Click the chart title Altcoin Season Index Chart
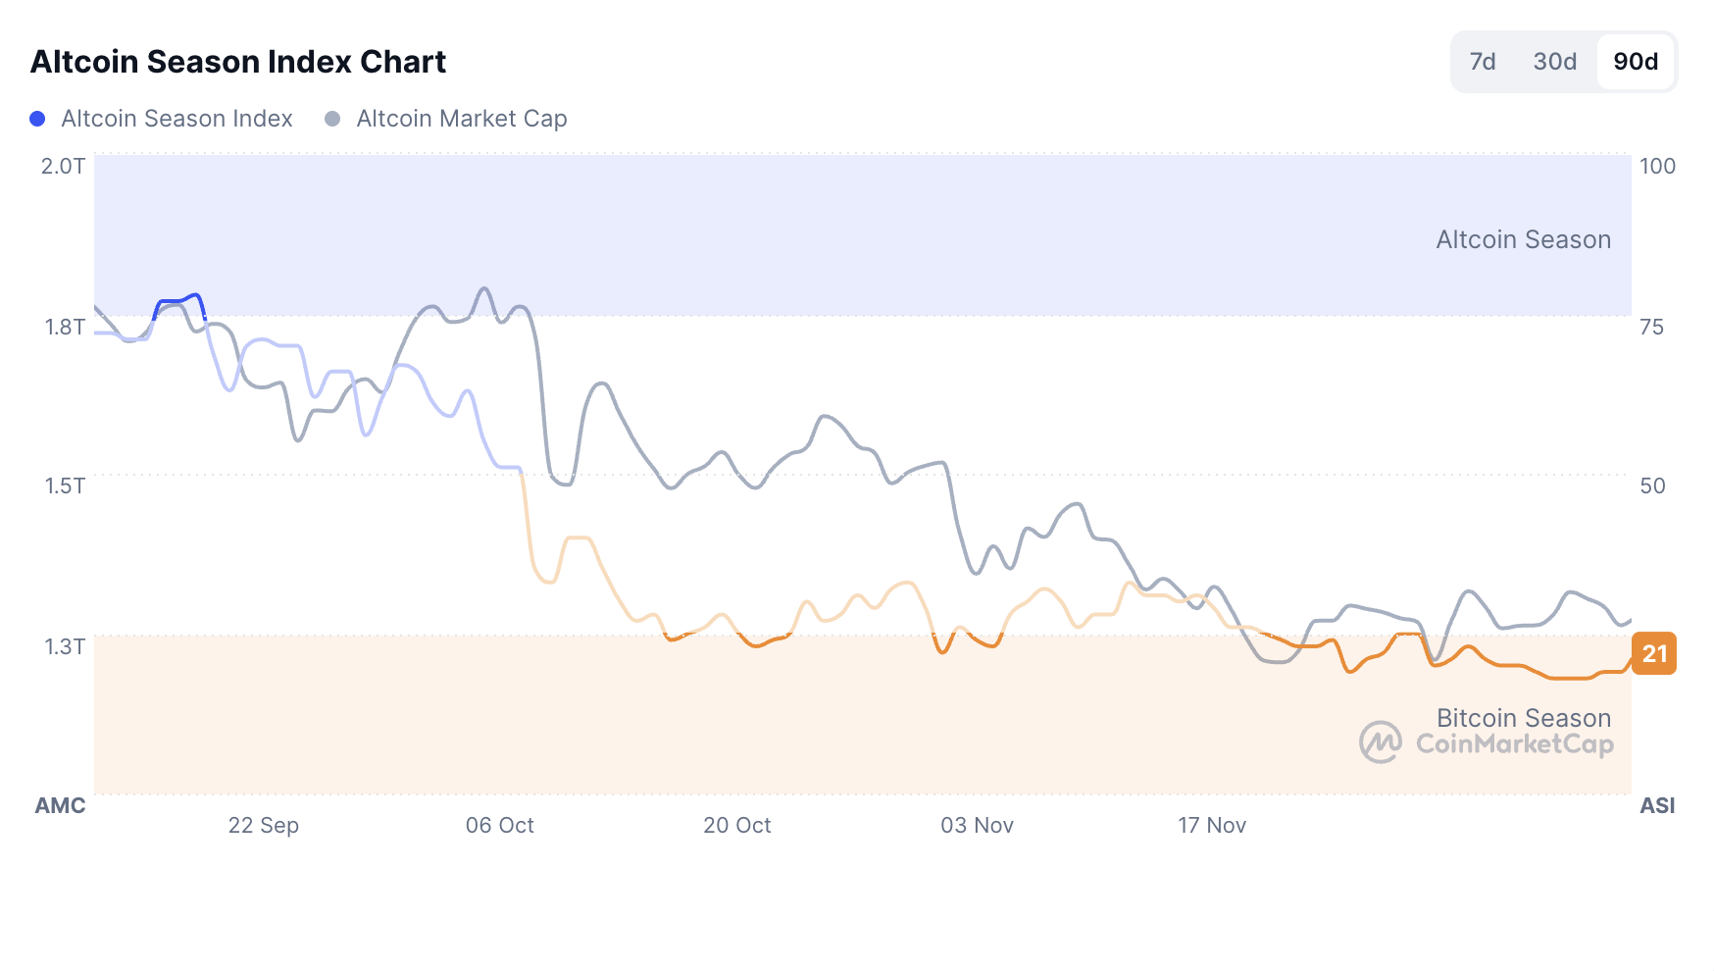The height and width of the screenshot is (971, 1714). point(238,62)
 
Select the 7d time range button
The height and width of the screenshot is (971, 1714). point(1482,62)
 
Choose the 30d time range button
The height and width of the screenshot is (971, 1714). point(1554,62)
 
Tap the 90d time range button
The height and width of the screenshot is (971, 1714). point(1636,62)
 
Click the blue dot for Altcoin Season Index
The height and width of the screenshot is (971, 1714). point(37,119)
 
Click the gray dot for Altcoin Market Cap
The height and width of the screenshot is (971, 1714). point(332,119)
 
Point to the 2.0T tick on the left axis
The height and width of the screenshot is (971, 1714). point(63,166)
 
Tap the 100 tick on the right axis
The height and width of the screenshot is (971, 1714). point(1657,166)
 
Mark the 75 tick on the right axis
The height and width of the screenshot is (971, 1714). point(1651,327)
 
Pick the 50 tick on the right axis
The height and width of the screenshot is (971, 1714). point(1652,485)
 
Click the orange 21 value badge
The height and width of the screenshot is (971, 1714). point(1654,654)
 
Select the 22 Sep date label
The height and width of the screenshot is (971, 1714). point(263,825)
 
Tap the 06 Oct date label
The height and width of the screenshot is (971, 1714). point(499,825)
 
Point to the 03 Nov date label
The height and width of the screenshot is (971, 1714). point(977,825)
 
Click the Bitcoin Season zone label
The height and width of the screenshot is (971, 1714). point(1523,718)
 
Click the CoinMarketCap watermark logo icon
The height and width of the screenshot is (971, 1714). point(1380,742)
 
